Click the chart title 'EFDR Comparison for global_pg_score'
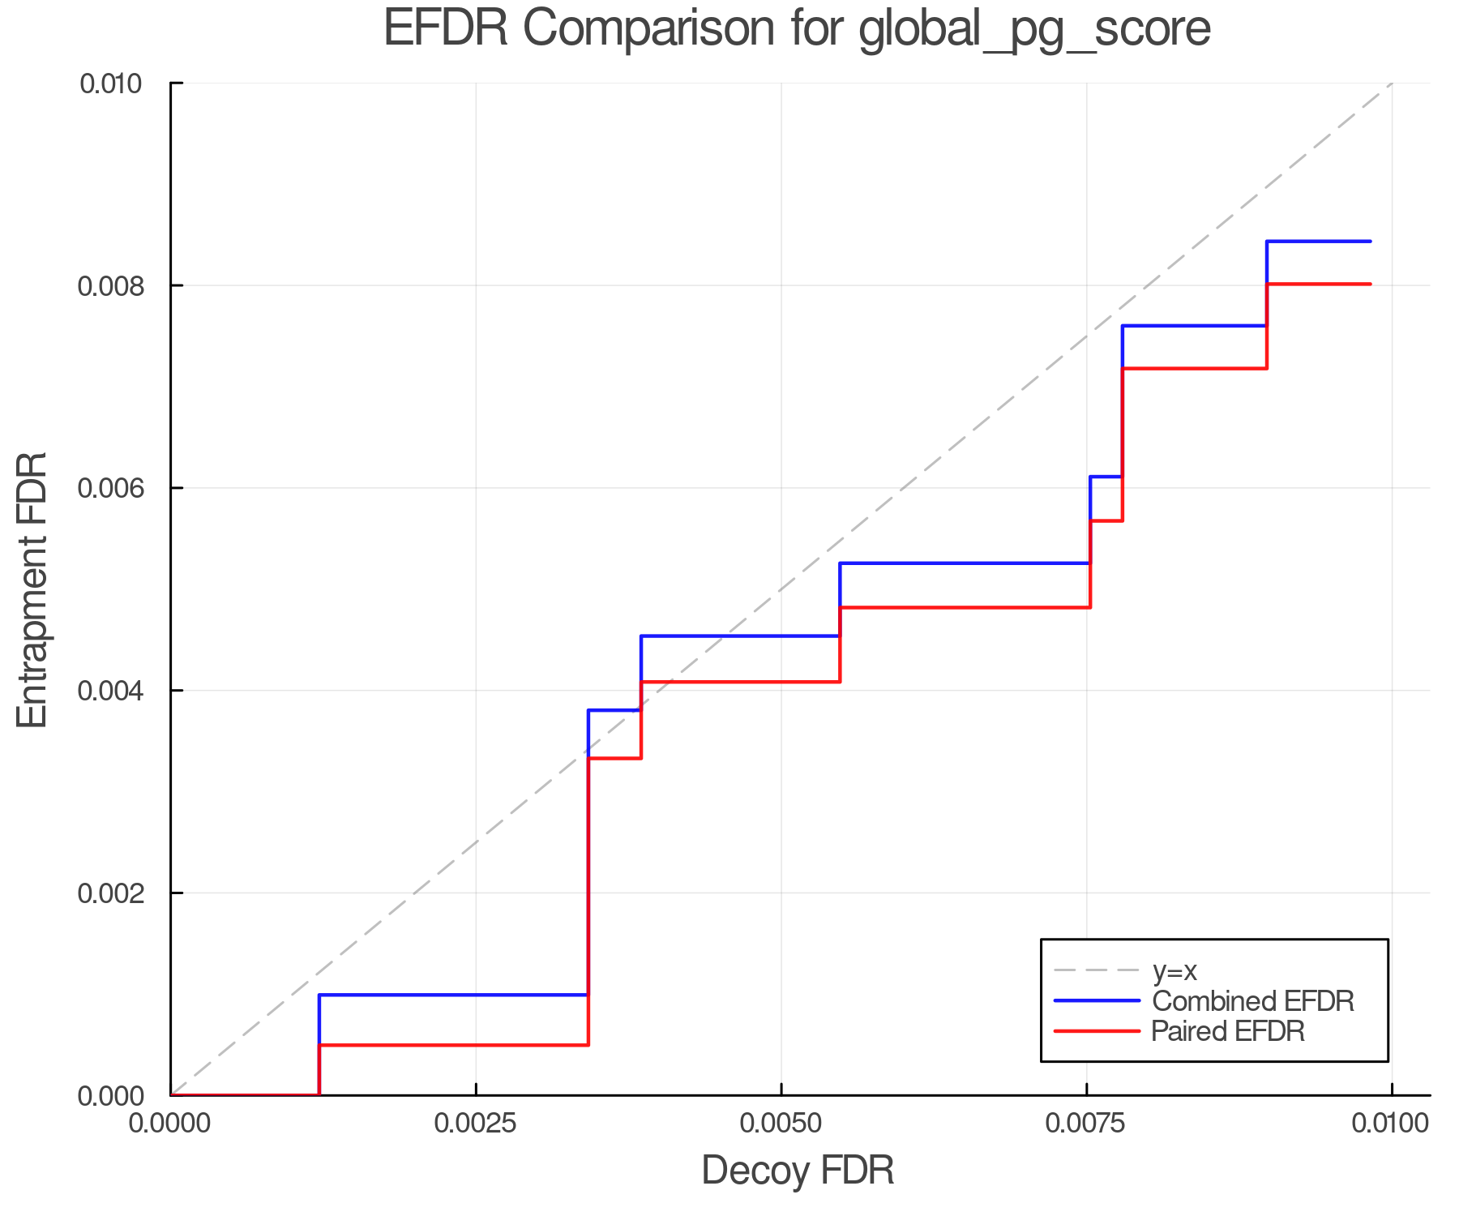point(797,29)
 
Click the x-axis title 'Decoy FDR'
point(798,1171)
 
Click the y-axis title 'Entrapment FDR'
point(33,589)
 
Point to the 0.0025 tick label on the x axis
point(475,1124)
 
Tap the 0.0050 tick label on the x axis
point(781,1124)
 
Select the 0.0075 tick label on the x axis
point(1086,1124)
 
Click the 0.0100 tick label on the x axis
point(1391,1124)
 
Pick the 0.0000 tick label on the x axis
point(170,1124)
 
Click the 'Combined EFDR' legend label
point(1252,1001)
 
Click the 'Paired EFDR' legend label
point(1228,1031)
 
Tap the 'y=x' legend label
point(1174,970)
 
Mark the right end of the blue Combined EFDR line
point(1370,242)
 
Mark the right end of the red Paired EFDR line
point(1370,284)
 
